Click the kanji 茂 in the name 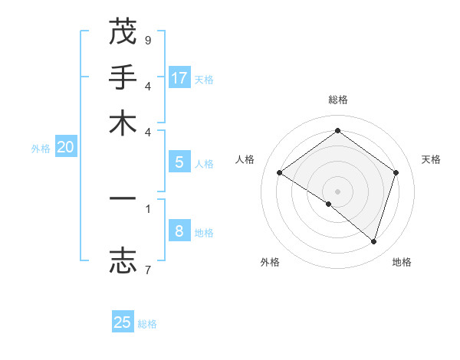123,33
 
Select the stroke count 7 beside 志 148,269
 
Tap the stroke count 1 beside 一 148,208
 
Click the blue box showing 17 179,77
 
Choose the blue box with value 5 179,162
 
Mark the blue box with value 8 179,231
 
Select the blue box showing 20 65,147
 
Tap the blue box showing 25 123,322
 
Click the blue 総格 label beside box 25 147,324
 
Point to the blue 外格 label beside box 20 40,149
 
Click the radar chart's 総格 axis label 337,100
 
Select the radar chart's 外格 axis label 270,263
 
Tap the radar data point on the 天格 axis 396,172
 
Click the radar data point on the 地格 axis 373,241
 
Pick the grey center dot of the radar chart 337,191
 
